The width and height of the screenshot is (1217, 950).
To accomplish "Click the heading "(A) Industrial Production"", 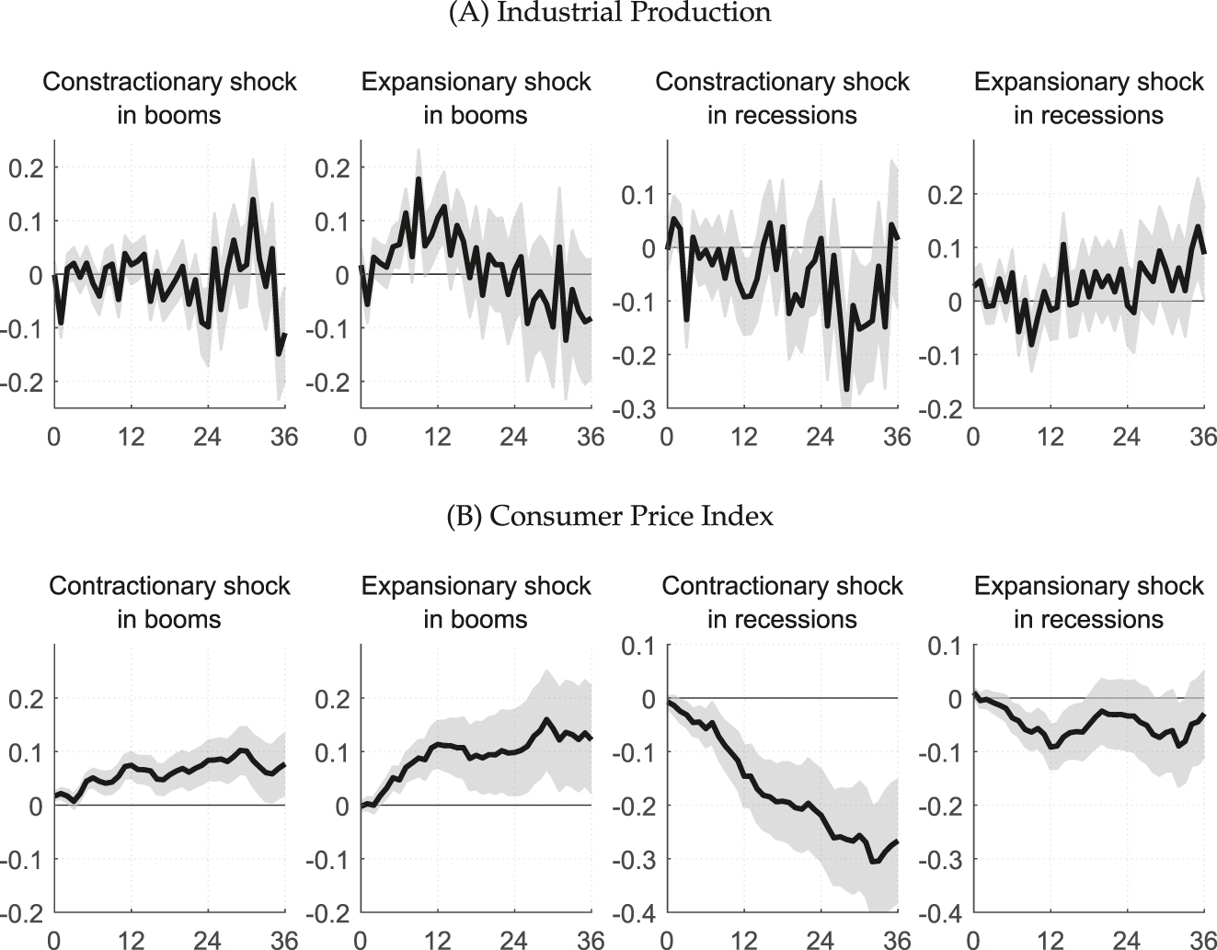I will (x=609, y=12).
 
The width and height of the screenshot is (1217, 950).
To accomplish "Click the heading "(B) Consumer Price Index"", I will (x=609, y=517).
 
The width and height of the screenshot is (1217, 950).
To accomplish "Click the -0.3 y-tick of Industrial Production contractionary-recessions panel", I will (x=634, y=409).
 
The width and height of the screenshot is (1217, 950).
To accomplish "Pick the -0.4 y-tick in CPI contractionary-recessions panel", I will (x=634, y=913).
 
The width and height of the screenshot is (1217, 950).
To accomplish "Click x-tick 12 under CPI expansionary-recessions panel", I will (x=1050, y=940).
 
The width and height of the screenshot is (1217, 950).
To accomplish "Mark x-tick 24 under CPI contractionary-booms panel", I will (x=208, y=940).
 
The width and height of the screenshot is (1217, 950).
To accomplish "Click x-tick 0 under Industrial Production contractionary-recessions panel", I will (x=666, y=436).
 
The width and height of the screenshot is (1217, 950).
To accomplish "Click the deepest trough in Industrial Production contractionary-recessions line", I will (x=846, y=389).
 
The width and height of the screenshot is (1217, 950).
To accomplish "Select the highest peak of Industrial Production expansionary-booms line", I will (x=418, y=179).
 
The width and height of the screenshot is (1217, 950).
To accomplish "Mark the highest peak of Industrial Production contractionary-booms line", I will (x=253, y=200).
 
